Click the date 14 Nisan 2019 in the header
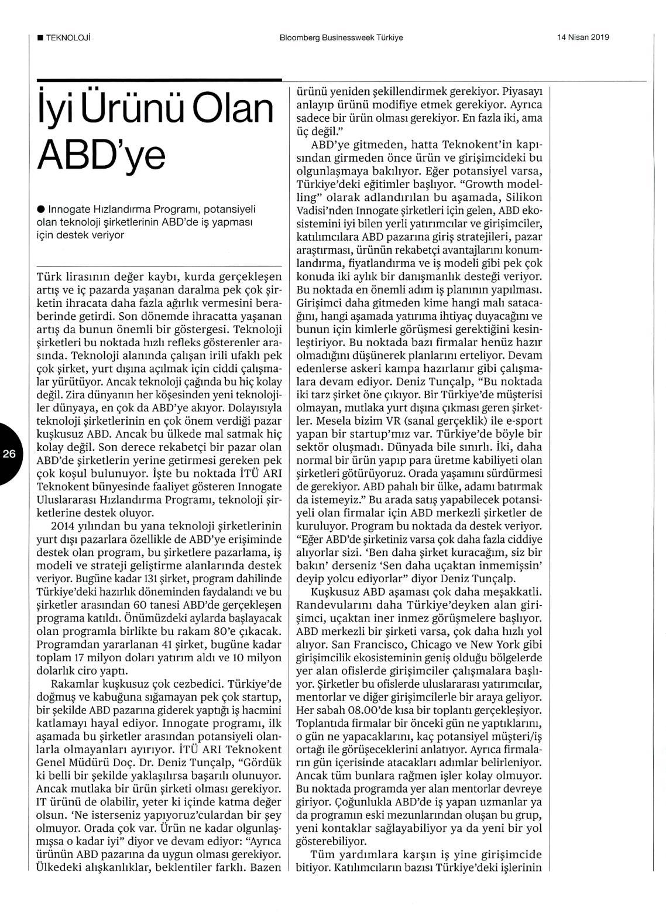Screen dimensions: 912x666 click(x=583, y=37)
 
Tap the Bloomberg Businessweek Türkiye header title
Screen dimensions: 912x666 click(x=341, y=37)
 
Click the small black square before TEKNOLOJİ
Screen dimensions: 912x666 click(x=39, y=37)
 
